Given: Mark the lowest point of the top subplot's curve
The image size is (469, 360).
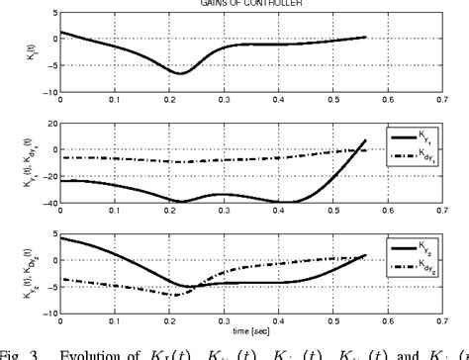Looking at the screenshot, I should (x=180, y=73).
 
